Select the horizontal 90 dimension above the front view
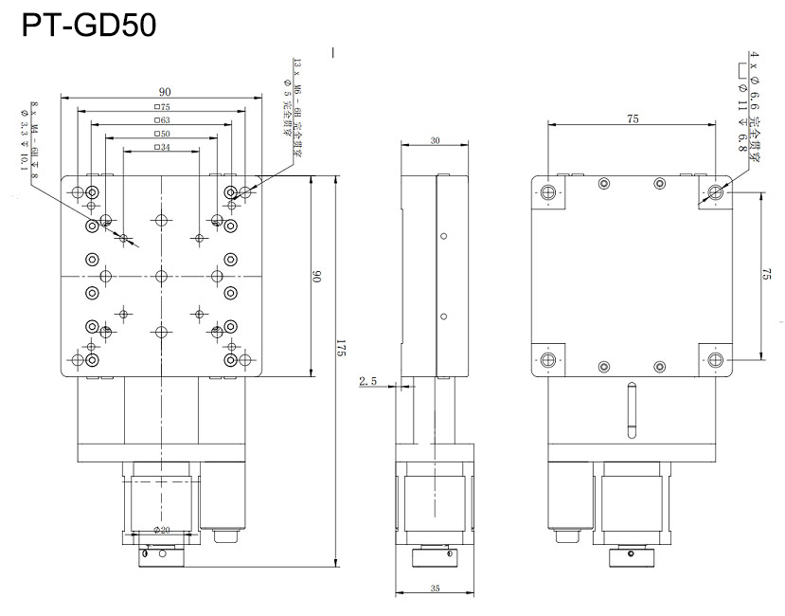[164, 91]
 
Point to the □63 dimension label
[162, 120]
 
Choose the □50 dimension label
[162, 135]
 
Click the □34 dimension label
[161, 148]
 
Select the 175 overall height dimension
[342, 348]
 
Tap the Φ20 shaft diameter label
[161, 530]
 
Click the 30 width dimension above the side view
[435, 140]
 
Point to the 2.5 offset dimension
[369, 381]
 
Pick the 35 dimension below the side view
[434, 589]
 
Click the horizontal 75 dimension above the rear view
[633, 118]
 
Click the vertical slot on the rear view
[632, 409]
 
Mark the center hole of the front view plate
[161, 276]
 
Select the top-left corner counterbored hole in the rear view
[548, 193]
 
